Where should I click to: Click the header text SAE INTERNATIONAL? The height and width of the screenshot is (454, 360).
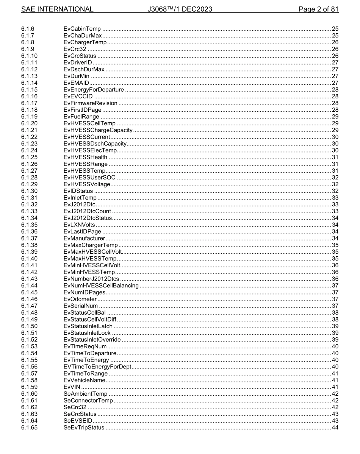57,9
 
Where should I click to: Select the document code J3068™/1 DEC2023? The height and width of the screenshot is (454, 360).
180,9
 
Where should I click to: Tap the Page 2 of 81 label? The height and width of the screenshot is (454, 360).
318,9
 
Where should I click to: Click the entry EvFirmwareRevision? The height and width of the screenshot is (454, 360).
91,103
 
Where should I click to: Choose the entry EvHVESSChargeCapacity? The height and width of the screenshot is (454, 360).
98,130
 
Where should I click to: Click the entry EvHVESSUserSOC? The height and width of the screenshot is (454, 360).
89,178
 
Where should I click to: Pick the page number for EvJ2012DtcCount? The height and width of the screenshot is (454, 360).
335,211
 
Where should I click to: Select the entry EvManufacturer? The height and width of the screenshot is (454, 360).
84,238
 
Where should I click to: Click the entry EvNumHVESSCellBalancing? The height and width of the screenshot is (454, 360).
101,286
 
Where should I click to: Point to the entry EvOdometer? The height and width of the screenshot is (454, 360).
80,299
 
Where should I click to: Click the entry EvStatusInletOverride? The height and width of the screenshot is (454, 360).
92,340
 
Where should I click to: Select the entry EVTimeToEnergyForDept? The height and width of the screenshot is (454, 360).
97,367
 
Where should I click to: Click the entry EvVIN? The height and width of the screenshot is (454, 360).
72,387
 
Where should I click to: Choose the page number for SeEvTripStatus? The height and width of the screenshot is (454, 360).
335,427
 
